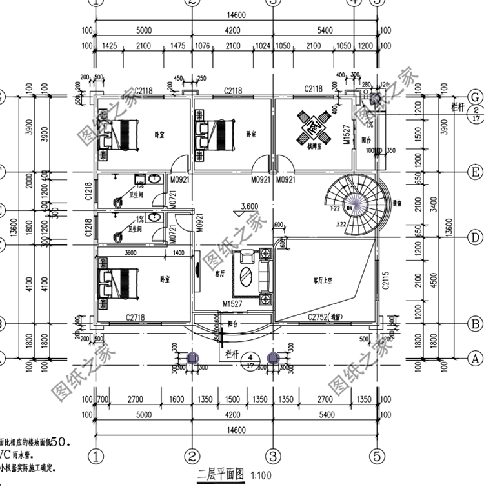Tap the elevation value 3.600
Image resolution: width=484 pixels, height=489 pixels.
250,206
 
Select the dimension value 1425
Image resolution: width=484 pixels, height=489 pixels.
113,46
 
